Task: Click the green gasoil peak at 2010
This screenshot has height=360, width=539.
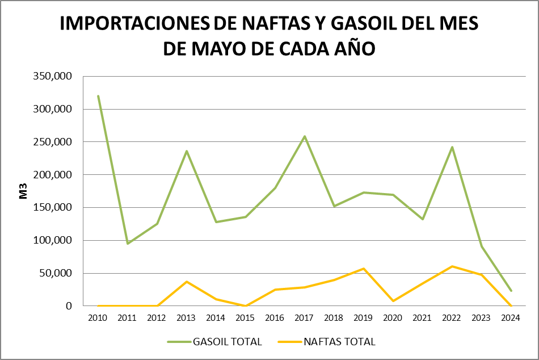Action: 98,96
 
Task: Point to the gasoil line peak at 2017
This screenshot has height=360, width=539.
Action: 305,136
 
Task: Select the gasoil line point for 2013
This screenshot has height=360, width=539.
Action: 187,151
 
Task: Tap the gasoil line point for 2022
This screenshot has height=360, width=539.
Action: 452,147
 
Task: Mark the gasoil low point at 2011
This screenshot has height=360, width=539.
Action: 128,244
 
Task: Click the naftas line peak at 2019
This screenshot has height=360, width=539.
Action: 364,269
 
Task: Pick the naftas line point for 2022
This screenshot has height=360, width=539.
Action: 452,266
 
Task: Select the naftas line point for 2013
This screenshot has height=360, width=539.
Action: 187,282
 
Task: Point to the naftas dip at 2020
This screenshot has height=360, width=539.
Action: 393,301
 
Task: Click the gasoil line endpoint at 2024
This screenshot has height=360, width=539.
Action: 511,291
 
